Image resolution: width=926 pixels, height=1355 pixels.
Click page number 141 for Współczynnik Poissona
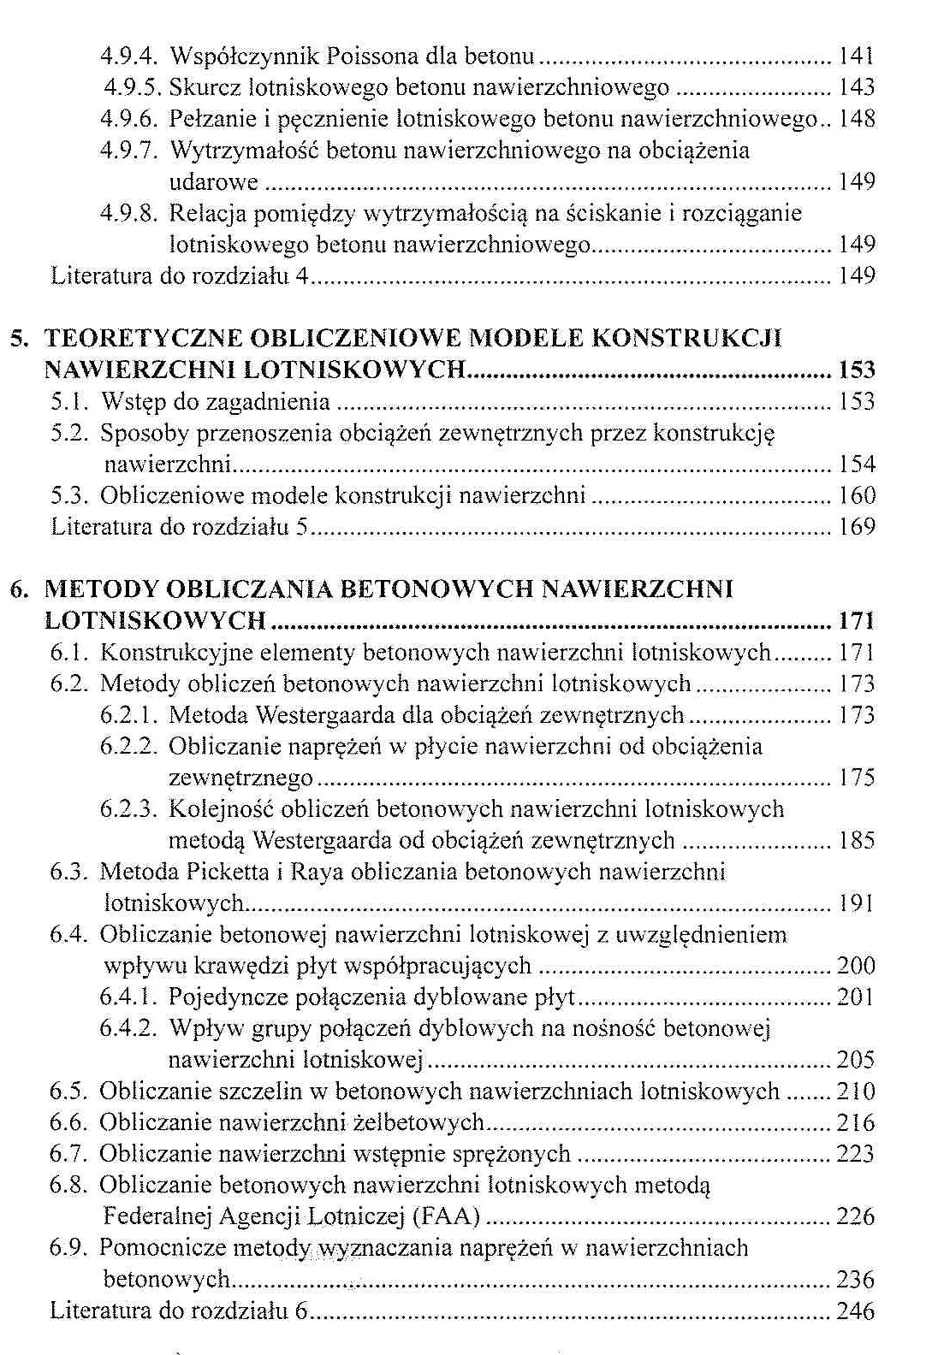click(x=857, y=56)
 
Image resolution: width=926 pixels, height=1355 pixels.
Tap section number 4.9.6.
click(x=130, y=119)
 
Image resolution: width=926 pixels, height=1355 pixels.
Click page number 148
click(x=857, y=119)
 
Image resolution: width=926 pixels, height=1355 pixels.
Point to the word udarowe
click(x=213, y=181)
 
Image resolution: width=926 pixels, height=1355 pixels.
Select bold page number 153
click(x=857, y=370)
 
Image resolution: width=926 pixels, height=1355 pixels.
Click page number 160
click(x=857, y=495)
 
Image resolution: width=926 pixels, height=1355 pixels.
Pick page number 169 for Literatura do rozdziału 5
click(x=857, y=526)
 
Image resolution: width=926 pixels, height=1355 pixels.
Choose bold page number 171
click(x=857, y=621)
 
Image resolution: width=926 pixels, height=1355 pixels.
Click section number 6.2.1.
click(x=130, y=715)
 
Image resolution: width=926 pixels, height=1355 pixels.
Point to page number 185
click(x=857, y=841)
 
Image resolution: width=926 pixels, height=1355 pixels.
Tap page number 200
click(x=857, y=966)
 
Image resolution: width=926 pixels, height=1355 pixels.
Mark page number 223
click(x=857, y=1154)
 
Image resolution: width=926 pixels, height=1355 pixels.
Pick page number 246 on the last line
click(x=857, y=1311)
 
